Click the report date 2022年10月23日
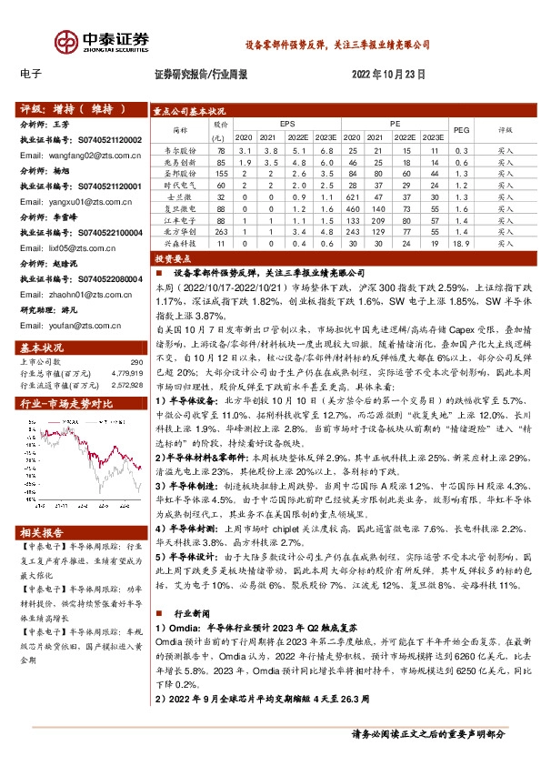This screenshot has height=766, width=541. (387, 75)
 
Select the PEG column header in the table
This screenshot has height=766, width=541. (460, 130)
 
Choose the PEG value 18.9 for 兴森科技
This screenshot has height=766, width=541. (460, 244)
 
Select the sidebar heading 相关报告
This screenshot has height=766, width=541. (42, 532)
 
